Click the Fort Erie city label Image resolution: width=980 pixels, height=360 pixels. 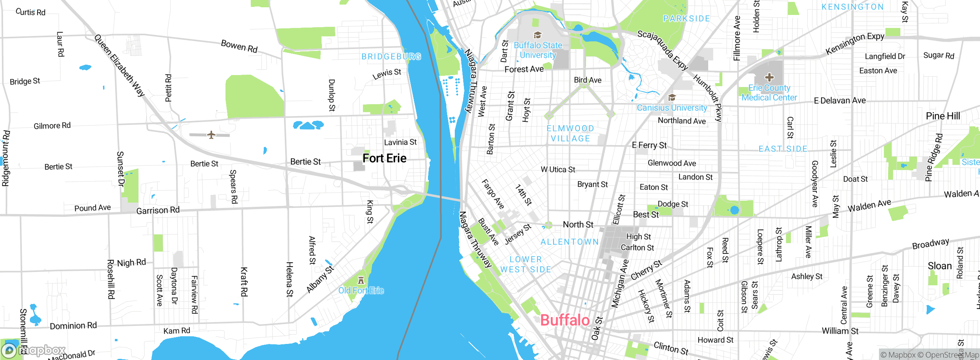coord(384,158)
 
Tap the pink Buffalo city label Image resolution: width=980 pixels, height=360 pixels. coord(565,320)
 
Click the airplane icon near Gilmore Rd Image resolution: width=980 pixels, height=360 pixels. coord(211,135)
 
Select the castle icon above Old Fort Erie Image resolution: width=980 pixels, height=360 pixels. coord(361,280)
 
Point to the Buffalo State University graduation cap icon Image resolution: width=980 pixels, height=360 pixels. coord(537,35)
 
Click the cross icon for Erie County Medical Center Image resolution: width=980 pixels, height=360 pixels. coord(769,77)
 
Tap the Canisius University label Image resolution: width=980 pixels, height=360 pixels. coord(672,108)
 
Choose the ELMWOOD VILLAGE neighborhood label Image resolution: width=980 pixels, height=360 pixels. coord(570,133)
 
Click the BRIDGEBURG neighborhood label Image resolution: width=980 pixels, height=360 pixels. coord(391,57)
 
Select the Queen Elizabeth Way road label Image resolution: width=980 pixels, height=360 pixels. coord(119,65)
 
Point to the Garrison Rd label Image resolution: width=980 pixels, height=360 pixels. coord(158,210)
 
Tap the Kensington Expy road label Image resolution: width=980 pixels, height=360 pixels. coord(855,43)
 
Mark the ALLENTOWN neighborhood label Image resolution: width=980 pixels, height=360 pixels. coord(569,242)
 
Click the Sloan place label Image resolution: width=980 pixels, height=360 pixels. coord(939,266)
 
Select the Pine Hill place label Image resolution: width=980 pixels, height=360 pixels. coord(942,116)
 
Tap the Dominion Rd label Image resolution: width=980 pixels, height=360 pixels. coord(73,326)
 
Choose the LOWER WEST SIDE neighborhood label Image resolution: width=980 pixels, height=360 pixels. coord(526,264)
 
